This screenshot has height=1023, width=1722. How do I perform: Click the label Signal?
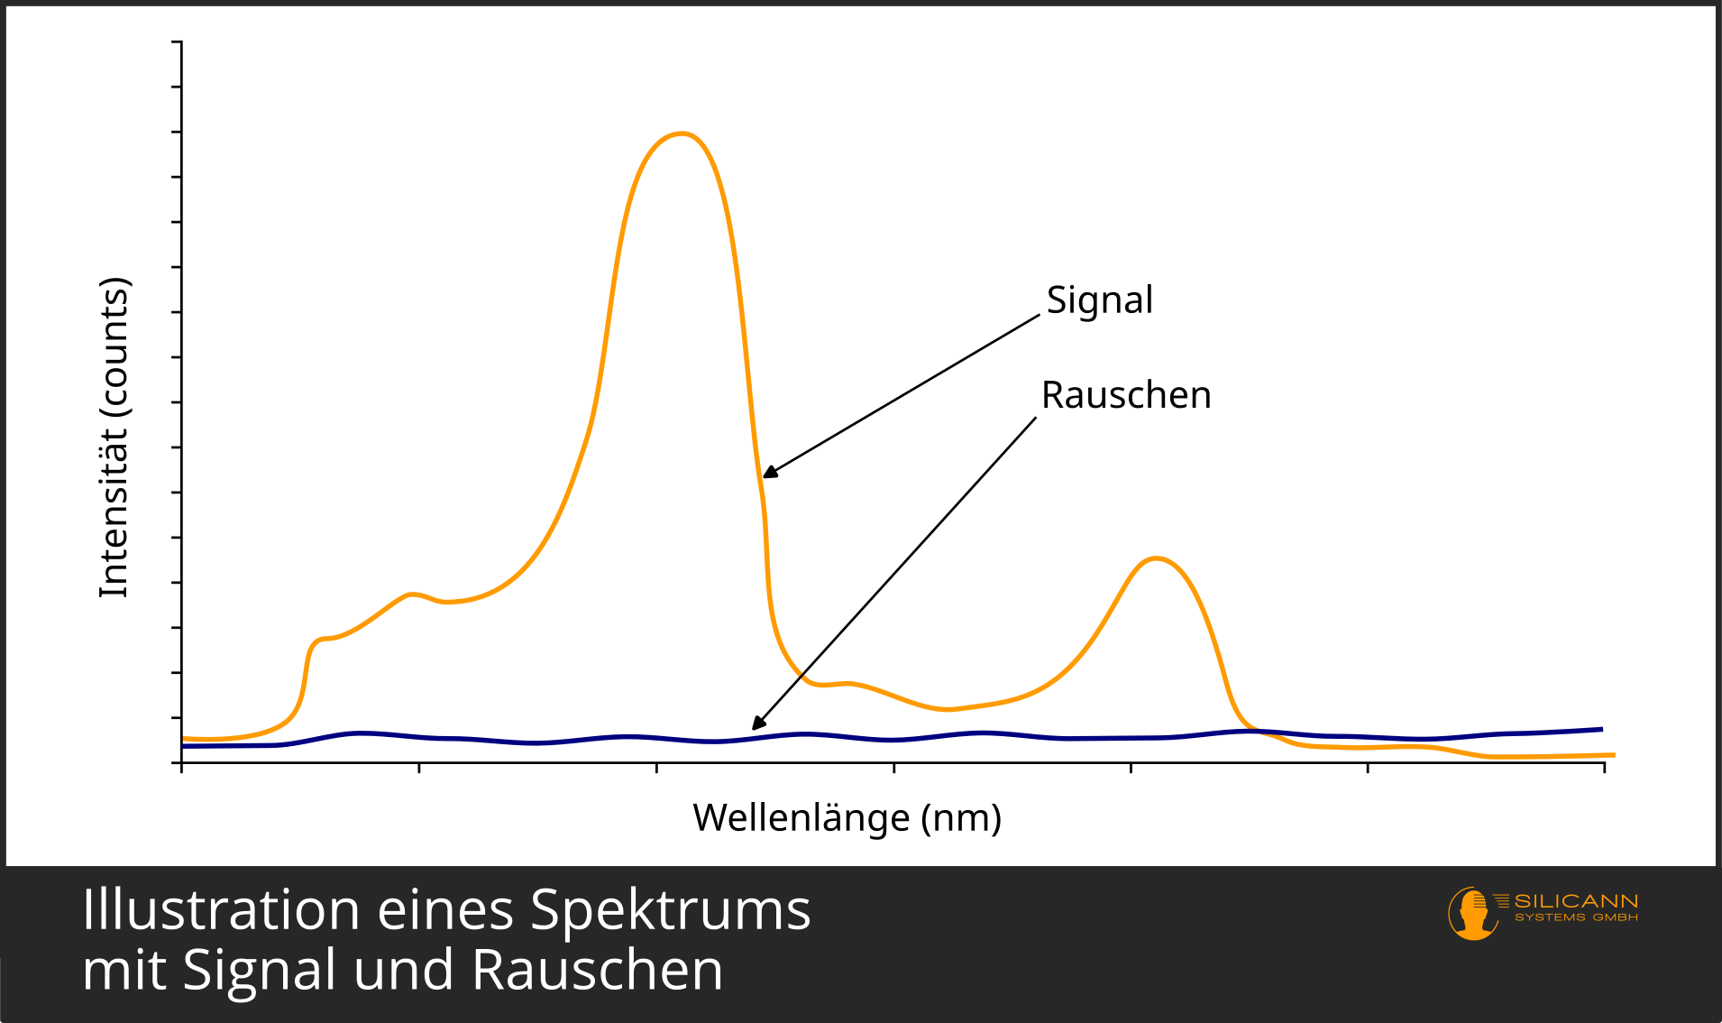tap(1099, 300)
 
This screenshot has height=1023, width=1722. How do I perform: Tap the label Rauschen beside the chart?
tap(1126, 395)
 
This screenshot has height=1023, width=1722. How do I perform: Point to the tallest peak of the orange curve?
tap(682, 134)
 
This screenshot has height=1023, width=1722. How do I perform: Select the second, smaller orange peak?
tap(1156, 558)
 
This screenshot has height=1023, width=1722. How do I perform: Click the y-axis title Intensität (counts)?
tap(114, 438)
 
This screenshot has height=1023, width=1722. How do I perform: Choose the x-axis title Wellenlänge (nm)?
tap(847, 818)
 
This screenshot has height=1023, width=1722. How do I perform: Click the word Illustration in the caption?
tap(221, 909)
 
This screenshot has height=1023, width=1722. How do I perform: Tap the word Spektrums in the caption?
tap(670, 909)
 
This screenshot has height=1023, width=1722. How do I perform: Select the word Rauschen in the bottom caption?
tap(597, 971)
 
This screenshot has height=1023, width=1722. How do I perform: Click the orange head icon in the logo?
tap(1472, 913)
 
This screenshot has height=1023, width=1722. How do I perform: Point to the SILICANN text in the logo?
tap(1576, 901)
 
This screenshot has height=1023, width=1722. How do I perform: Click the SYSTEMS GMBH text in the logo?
tap(1576, 917)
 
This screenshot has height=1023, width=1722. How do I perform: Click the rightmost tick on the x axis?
tap(1604, 767)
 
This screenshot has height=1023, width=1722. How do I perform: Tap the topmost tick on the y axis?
tap(177, 41)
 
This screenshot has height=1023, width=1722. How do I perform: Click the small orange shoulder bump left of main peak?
tap(412, 594)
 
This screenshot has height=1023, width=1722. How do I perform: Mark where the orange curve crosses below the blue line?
tap(1258, 731)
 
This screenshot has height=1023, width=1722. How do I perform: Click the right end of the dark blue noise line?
tap(1600, 729)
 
